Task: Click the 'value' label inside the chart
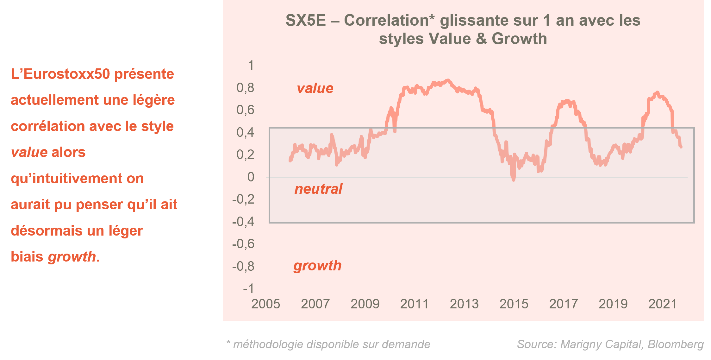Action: [315, 88]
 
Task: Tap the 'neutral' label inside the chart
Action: [318, 189]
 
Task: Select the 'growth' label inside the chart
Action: [317, 266]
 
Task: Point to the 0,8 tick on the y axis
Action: [246, 88]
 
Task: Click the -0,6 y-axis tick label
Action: [243, 244]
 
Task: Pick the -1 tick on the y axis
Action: [248, 288]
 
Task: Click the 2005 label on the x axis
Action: [266, 304]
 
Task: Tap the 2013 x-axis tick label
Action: [464, 304]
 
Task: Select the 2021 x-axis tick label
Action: [663, 304]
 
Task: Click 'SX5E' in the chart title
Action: [306, 21]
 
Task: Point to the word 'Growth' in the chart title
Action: [519, 39]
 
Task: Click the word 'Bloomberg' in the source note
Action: [676, 344]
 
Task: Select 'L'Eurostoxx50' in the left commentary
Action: [60, 74]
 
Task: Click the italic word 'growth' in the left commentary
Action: [72, 257]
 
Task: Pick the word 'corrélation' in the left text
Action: [48, 126]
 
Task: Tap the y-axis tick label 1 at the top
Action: [251, 66]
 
